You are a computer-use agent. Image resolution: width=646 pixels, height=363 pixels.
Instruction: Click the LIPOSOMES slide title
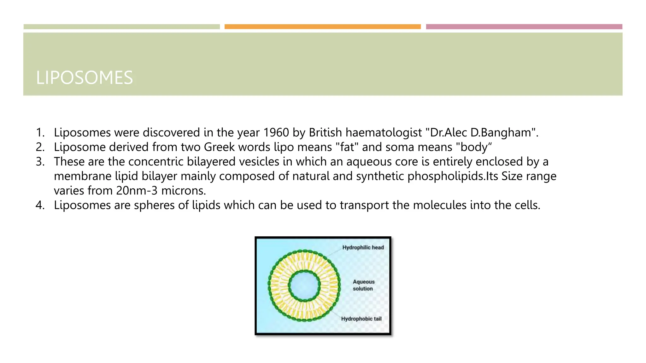(x=85, y=78)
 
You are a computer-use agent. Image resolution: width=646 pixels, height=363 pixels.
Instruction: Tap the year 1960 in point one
(x=276, y=133)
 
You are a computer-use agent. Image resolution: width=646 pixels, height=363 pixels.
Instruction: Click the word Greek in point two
(x=220, y=147)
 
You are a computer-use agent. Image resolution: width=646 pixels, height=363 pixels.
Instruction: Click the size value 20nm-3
(x=137, y=191)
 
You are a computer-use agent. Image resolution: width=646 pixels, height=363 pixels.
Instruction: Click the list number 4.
(x=40, y=205)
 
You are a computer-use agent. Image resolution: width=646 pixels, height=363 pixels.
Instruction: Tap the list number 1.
(x=40, y=133)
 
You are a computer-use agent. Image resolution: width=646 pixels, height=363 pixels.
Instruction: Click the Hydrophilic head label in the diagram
(x=363, y=248)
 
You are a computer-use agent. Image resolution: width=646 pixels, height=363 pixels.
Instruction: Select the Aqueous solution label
(x=363, y=285)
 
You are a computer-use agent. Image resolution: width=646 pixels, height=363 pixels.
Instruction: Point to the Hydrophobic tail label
(x=361, y=319)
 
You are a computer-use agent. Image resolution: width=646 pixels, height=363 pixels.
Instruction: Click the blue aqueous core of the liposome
(x=304, y=286)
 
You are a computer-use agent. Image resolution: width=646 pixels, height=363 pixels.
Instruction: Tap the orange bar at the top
(x=322, y=27)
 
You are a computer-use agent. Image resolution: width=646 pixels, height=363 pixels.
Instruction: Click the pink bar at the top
(x=524, y=27)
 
